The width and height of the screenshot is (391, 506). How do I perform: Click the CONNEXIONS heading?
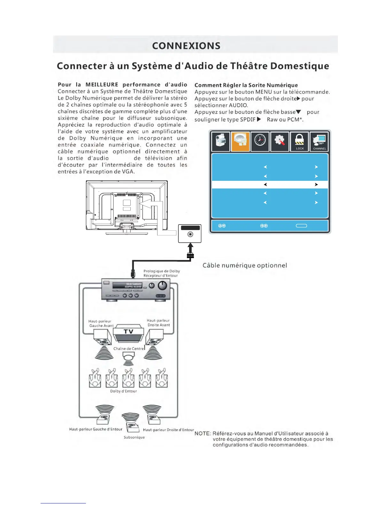186,46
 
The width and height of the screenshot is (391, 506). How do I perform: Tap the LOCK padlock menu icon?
300,141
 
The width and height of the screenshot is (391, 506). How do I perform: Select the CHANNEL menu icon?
319,141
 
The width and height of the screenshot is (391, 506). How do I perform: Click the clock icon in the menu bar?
260,141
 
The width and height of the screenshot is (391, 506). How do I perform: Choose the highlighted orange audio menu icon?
240,141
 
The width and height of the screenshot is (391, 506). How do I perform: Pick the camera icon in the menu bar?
220,141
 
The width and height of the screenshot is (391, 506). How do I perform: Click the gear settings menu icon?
280,141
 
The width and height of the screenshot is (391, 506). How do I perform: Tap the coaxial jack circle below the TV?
190,235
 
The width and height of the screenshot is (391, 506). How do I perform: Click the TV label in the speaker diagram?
128,332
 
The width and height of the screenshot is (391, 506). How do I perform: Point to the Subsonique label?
134,437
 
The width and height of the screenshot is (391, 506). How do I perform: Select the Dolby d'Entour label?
123,391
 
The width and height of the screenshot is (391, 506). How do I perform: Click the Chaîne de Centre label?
129,349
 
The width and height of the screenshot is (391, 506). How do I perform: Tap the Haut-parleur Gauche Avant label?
101,324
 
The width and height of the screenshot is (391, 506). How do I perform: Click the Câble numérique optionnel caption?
245,265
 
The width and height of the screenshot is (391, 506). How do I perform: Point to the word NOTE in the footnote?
202,433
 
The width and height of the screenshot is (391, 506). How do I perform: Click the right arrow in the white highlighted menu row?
316,185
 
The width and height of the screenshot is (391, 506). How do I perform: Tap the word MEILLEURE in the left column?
102,85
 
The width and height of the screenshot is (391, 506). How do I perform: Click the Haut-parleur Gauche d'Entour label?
96,429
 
